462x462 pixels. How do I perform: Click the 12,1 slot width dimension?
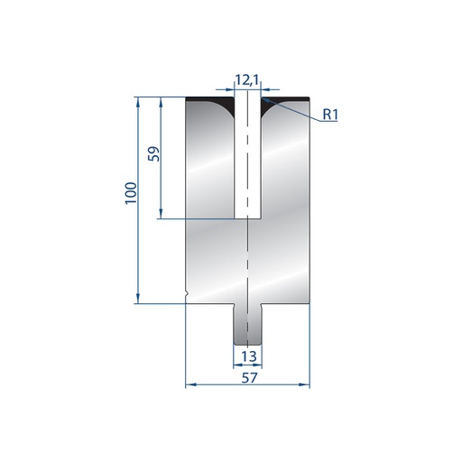point(247,80)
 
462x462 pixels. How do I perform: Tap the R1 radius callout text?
point(330,115)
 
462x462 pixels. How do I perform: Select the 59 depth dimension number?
point(153,153)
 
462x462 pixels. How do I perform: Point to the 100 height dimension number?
point(131,193)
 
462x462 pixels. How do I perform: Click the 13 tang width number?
point(249,356)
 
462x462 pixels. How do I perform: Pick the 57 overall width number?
point(249,378)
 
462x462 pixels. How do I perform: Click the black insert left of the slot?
point(210,105)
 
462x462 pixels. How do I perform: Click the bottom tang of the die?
point(247,324)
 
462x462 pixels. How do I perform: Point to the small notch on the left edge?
point(187,293)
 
